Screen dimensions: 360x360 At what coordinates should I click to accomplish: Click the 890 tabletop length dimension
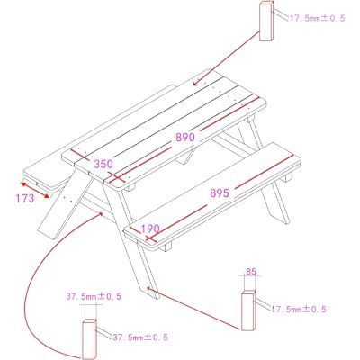tap(185, 138)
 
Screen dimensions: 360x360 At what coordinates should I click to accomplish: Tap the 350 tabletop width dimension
tap(103, 164)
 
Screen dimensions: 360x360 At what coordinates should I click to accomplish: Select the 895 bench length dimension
tap(220, 193)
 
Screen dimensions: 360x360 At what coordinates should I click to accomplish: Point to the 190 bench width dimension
tap(150, 229)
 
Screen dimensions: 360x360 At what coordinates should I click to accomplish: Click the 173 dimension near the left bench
tap(25, 199)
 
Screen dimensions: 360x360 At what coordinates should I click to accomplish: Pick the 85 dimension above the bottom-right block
tap(251, 272)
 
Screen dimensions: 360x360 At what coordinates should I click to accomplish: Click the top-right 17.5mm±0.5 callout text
tap(317, 18)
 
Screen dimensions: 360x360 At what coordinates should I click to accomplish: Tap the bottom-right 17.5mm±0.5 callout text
tap(299, 310)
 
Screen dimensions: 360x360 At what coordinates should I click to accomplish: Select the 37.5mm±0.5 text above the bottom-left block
tap(94, 297)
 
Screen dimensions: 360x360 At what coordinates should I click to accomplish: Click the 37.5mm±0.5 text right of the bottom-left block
tap(140, 337)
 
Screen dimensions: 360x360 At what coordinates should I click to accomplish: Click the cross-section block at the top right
tap(266, 21)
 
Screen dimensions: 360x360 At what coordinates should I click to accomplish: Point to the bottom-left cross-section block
tap(90, 339)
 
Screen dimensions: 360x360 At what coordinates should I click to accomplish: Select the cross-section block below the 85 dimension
tap(248, 310)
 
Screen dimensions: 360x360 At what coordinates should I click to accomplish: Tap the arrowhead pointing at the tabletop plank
tap(195, 83)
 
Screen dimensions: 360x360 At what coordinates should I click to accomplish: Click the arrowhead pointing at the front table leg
tap(148, 288)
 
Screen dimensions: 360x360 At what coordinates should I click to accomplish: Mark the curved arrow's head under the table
tap(101, 214)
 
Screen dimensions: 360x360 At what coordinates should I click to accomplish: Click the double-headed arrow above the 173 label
tap(35, 190)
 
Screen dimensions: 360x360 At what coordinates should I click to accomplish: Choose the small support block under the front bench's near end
tap(166, 247)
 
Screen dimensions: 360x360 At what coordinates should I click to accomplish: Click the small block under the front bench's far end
tap(286, 177)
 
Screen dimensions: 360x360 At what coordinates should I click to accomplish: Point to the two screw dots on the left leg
tap(68, 199)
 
